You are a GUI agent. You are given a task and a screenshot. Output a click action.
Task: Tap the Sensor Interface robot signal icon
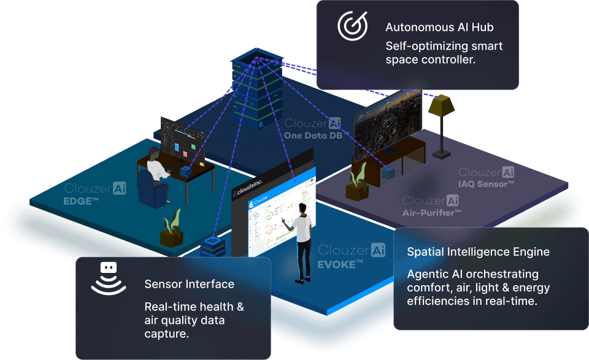(x=108, y=278)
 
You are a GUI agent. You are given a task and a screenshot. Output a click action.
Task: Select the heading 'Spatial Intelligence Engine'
(x=478, y=252)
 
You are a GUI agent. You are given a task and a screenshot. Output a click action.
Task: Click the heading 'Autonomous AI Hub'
(x=439, y=28)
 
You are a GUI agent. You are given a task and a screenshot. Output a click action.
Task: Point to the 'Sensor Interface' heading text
(x=189, y=284)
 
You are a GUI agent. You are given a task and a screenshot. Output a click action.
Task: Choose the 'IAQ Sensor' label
(x=486, y=184)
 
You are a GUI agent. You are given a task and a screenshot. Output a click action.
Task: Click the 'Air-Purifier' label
(x=431, y=212)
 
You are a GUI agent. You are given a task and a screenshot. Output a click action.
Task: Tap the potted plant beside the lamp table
(x=357, y=182)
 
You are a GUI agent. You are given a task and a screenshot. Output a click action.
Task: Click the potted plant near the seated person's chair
(x=172, y=228)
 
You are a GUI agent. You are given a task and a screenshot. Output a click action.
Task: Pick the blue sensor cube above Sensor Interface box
(x=212, y=246)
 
